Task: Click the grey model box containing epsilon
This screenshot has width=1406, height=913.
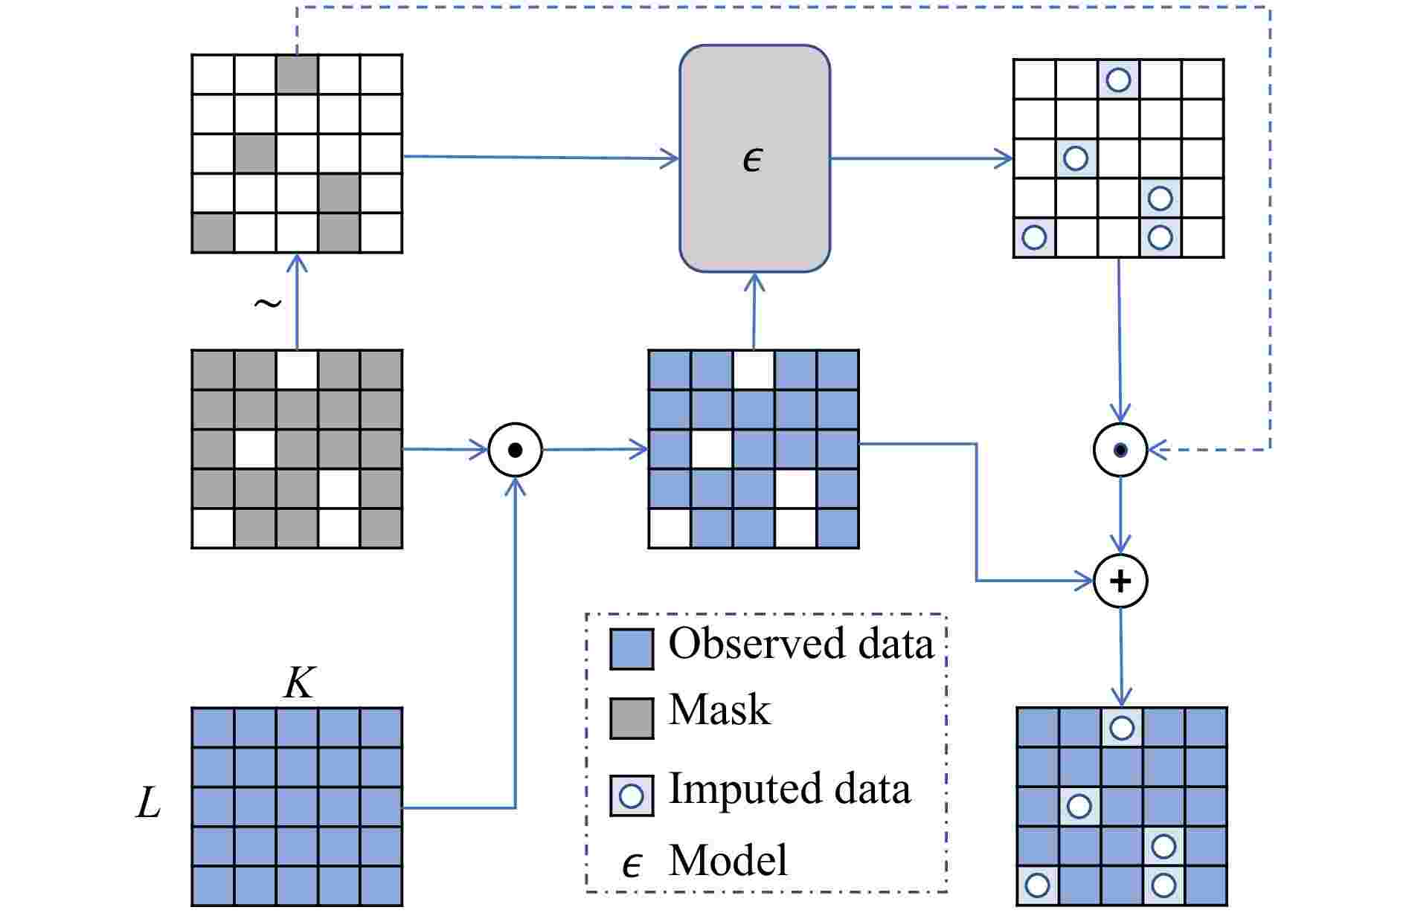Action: [754, 158]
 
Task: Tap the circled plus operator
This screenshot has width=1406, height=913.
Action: [1120, 581]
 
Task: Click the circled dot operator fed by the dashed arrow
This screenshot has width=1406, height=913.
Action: [1120, 450]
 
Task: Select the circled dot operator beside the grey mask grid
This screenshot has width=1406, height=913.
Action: [515, 450]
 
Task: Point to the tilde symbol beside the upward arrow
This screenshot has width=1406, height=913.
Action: [267, 303]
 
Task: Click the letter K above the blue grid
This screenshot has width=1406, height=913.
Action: [299, 683]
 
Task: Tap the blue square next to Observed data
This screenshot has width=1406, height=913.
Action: [632, 648]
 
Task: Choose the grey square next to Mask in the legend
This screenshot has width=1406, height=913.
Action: [632, 717]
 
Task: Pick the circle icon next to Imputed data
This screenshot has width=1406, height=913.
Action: [632, 796]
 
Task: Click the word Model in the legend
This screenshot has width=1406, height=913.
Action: [728, 860]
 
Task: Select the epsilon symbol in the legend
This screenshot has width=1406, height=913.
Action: [632, 864]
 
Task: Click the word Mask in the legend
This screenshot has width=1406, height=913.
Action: [719, 709]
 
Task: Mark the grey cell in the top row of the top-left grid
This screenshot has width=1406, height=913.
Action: [298, 74]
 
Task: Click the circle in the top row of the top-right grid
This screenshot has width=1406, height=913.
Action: [1118, 79]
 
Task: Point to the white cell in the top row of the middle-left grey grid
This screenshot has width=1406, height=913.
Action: [298, 370]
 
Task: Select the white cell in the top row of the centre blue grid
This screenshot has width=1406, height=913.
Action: [754, 370]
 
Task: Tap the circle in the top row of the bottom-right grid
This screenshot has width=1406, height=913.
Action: [1121, 727]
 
